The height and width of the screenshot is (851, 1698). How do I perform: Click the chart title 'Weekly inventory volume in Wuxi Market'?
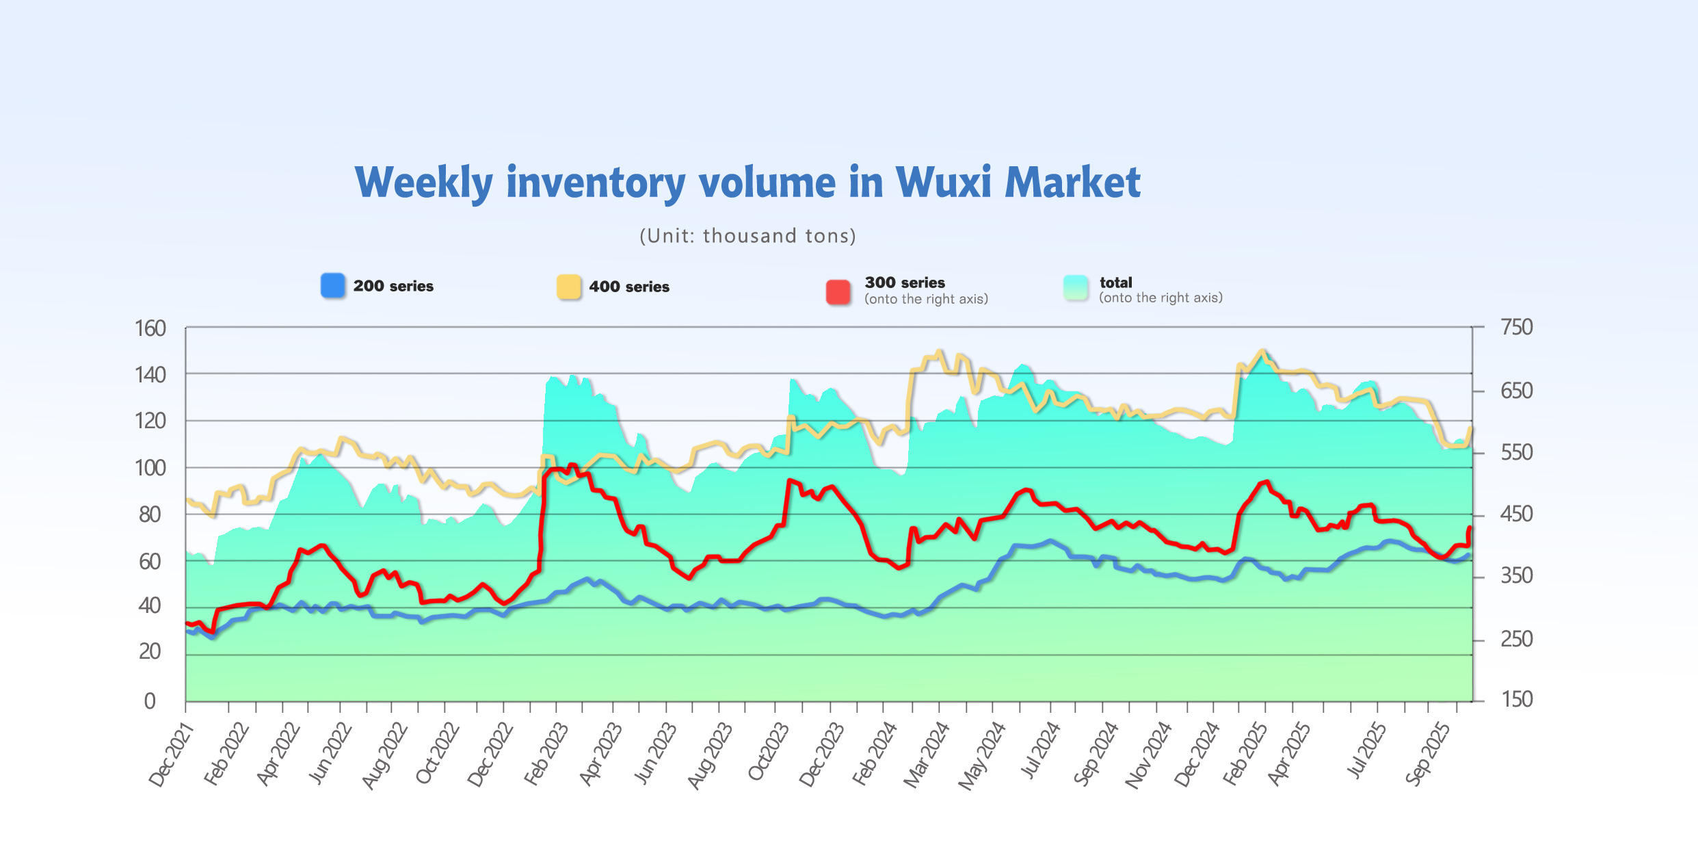[x=747, y=183]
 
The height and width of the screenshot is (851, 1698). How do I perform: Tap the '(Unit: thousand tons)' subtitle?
[x=747, y=236]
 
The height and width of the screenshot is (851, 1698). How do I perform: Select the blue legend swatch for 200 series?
[x=333, y=285]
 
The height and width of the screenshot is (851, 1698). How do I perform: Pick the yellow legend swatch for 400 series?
[x=568, y=287]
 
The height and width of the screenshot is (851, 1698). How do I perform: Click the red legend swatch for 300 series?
[x=838, y=291]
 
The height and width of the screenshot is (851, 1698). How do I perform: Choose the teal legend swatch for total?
[x=1076, y=288]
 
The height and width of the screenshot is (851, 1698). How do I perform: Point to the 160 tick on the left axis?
[x=150, y=328]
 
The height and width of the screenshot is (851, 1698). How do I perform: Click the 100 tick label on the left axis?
[x=150, y=468]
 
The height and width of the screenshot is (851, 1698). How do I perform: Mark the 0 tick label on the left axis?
[x=150, y=701]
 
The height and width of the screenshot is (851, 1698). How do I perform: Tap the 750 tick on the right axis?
[x=1516, y=327]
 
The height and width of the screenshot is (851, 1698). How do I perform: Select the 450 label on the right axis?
[x=1516, y=514]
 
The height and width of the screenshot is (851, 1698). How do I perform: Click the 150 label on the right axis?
[x=1516, y=699]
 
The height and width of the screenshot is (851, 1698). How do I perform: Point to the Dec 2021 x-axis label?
[x=172, y=755]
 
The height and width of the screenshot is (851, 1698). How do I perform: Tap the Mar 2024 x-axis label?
[x=927, y=755]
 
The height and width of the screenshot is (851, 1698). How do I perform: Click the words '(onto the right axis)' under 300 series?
[x=926, y=299]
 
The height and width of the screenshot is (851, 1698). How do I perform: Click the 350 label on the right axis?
[x=1516, y=576]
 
